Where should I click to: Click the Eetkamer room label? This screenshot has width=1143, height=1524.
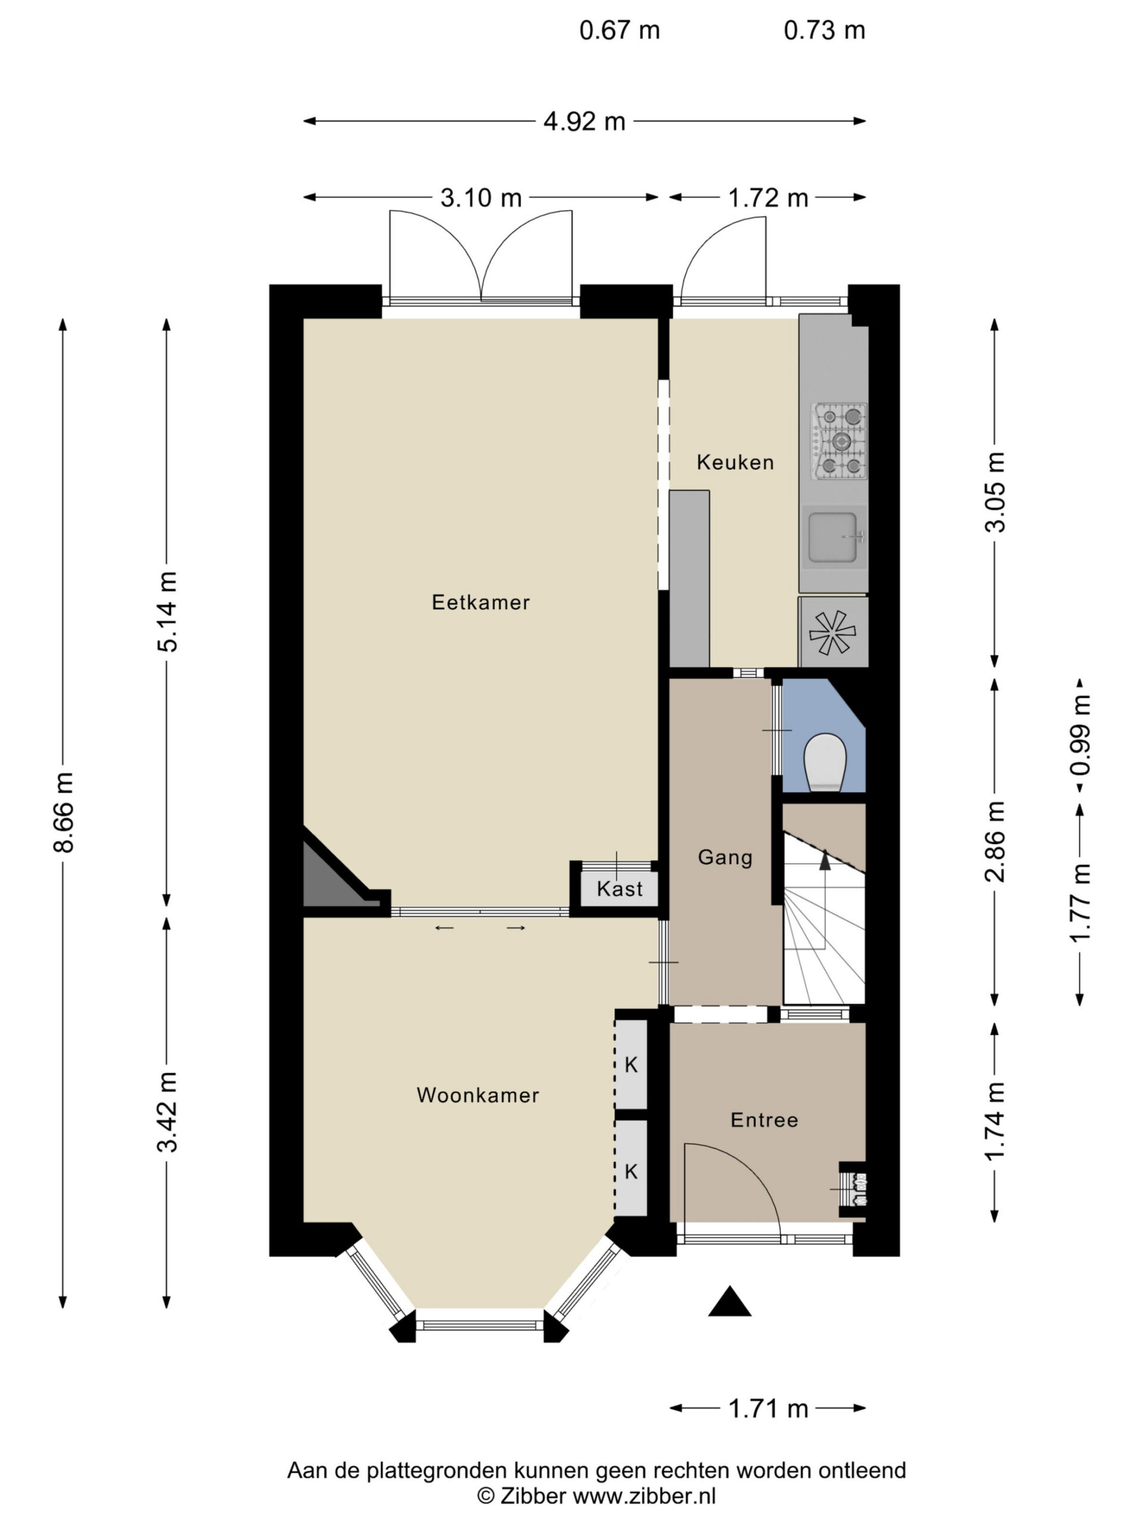(x=480, y=602)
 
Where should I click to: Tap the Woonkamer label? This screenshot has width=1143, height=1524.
(x=477, y=1095)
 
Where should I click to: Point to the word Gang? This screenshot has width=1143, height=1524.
(x=725, y=857)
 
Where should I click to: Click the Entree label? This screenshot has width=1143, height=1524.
(x=764, y=1120)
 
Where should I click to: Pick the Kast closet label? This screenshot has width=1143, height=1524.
(x=619, y=889)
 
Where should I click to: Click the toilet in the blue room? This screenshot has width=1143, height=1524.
(x=825, y=763)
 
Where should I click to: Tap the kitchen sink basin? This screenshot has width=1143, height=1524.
(x=833, y=537)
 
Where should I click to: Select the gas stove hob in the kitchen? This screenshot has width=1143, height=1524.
(x=840, y=442)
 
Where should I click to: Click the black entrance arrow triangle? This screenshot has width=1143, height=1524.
(x=730, y=1301)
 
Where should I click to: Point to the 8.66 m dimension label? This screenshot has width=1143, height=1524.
(x=63, y=813)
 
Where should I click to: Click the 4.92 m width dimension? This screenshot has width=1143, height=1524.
(x=584, y=122)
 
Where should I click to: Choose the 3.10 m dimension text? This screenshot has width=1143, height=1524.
(x=481, y=198)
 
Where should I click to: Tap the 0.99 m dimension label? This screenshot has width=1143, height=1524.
(x=1080, y=735)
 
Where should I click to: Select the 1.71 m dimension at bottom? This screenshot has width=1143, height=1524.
(x=768, y=1409)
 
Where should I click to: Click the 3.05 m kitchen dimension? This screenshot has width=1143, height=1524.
(x=995, y=492)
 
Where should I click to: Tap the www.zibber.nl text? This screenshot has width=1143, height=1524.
(x=645, y=1496)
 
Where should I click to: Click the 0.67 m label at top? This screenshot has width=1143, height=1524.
(x=619, y=30)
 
